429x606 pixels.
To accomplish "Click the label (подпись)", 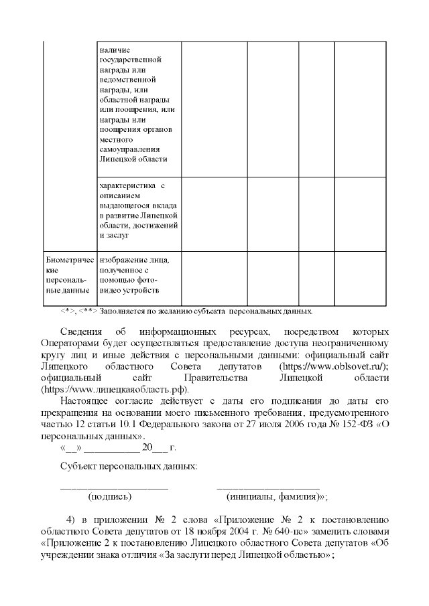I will (110, 496).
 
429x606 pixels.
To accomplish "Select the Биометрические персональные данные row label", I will (67, 275).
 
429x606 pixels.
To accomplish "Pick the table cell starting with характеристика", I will (137, 209).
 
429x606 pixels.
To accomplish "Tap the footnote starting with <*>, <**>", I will (187, 311).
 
